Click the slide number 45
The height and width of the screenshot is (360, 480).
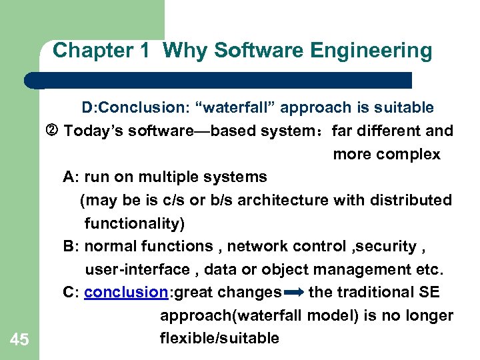point(19,340)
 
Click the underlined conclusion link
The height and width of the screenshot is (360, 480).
point(126,292)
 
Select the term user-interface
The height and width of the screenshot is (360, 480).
point(137,269)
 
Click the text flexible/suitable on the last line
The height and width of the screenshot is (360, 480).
point(219,338)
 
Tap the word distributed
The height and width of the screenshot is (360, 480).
point(411,200)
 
